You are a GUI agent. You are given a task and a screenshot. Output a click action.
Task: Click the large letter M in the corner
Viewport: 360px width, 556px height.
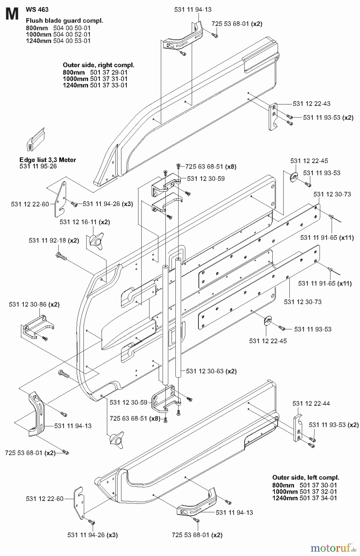pos(12,14)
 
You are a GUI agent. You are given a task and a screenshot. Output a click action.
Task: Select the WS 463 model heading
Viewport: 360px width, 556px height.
pos(37,10)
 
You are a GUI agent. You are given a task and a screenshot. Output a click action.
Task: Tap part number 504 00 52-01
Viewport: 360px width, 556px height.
pos(72,34)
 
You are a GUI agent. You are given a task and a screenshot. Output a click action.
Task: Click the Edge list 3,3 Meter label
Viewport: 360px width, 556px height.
pos(48,160)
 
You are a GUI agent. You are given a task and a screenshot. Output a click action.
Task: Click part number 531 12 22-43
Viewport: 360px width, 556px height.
pos(312,104)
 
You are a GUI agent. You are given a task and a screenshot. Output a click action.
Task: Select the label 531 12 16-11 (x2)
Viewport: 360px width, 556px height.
pos(85,222)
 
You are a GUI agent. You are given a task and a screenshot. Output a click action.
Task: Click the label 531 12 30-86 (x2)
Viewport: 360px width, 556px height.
pos(34,305)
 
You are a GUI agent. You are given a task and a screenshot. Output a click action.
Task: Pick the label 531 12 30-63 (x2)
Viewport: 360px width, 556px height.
pos(211,371)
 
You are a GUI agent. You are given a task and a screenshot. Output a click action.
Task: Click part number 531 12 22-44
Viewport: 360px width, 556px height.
pos(311,404)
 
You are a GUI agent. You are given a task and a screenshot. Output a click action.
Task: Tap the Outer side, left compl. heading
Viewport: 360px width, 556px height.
pos(305,478)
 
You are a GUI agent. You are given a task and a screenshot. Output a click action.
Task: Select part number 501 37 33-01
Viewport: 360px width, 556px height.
pos(109,85)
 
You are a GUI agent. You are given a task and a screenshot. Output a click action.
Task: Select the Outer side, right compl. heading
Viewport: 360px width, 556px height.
pos(98,65)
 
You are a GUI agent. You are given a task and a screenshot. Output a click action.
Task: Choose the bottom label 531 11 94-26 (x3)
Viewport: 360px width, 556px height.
pos(93,535)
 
